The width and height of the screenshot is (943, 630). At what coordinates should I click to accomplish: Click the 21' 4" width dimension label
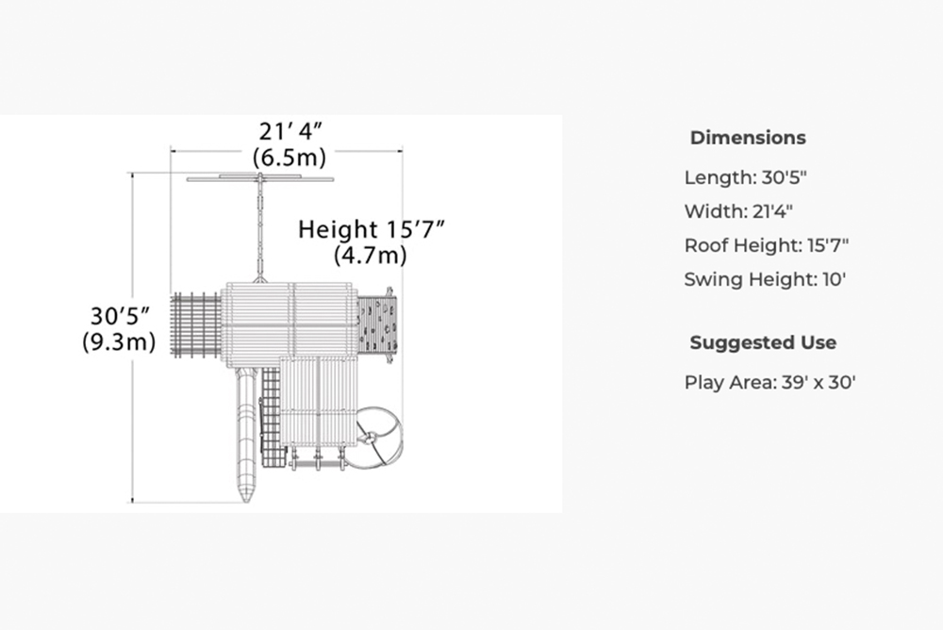click(x=290, y=131)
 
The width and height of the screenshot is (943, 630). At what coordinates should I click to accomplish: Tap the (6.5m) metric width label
click(x=290, y=157)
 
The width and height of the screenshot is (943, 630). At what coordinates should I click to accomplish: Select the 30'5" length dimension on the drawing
click(x=120, y=316)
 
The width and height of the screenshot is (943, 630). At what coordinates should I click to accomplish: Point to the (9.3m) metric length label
click(x=119, y=341)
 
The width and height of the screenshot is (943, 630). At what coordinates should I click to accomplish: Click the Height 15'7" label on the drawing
click(x=371, y=229)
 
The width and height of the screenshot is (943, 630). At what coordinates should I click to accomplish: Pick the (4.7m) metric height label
click(x=371, y=256)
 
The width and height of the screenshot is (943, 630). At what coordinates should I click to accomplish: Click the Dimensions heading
click(x=748, y=138)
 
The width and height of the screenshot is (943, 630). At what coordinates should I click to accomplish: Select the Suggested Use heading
click(x=763, y=342)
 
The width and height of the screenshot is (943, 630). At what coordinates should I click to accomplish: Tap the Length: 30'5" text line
click(x=745, y=177)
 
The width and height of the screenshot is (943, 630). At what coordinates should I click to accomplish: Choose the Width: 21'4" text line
click(x=738, y=212)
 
